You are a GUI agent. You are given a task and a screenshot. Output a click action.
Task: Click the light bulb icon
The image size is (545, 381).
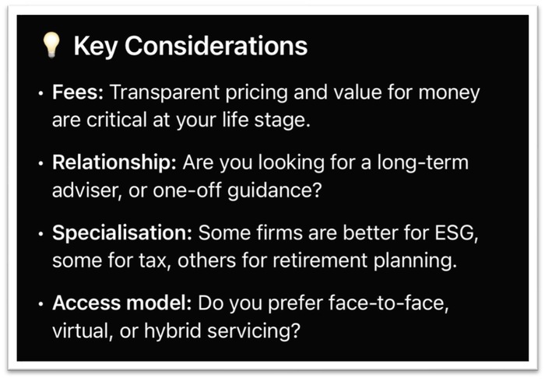point(51,45)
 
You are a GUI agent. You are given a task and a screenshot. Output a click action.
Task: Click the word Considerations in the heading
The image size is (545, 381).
point(216,46)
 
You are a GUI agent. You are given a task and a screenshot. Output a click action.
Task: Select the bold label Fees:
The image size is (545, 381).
point(78,93)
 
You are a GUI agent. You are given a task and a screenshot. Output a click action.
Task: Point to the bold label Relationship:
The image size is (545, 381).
point(114,163)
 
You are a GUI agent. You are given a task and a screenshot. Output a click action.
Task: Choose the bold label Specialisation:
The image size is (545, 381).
point(122,233)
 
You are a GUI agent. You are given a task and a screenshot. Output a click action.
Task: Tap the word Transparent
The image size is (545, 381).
point(165,93)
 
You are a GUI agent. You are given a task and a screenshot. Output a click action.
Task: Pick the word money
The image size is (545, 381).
point(449,93)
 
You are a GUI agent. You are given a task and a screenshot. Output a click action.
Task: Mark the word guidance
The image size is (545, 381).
point(275,191)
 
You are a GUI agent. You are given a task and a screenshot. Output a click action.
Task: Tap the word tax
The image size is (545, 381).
point(155,261)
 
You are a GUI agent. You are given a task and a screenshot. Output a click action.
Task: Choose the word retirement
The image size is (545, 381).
point(320,261)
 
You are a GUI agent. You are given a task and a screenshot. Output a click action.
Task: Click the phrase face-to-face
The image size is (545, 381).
point(389,302)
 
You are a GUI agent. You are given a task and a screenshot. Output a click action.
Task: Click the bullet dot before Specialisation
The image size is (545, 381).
point(41,234)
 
